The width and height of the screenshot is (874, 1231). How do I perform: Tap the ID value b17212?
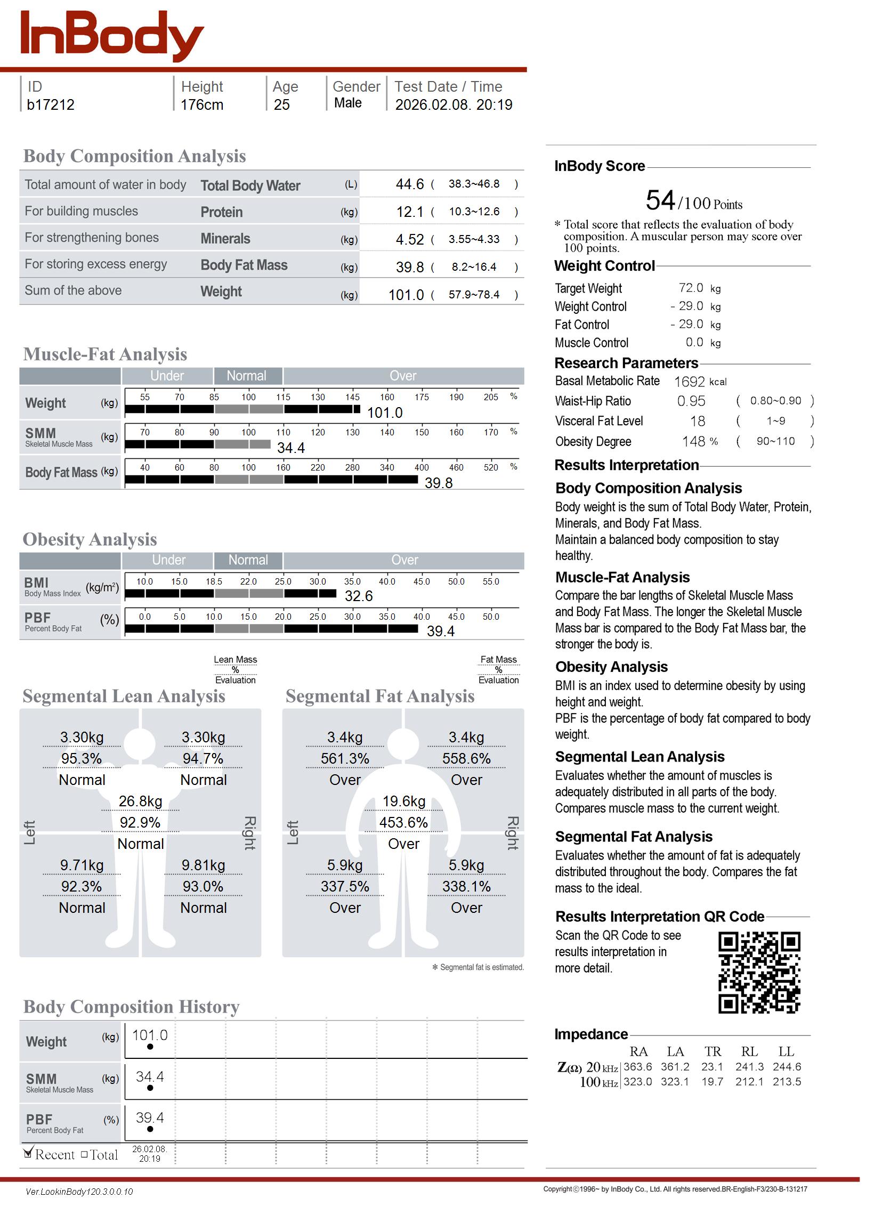(51, 105)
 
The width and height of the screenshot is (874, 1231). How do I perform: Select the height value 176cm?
(202, 105)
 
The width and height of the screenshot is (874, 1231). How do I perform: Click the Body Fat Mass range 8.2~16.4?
(474, 267)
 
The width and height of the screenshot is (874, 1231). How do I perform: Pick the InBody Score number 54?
(660, 201)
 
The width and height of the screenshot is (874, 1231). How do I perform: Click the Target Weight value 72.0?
(691, 288)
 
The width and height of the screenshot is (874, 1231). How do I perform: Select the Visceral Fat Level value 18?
(698, 422)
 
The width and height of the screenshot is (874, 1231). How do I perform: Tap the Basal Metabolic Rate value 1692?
(690, 382)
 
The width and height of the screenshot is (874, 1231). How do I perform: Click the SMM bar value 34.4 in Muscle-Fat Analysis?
(291, 448)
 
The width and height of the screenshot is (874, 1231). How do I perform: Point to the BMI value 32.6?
(359, 596)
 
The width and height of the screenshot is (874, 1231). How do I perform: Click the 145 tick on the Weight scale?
(352, 397)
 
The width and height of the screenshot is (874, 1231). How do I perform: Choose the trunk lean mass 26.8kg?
(141, 801)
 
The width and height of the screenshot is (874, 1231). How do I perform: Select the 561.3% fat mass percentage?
(345, 759)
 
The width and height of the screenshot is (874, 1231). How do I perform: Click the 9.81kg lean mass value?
(204, 865)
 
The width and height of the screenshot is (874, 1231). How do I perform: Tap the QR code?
(759, 973)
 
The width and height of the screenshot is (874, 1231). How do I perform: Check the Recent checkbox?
(29, 1153)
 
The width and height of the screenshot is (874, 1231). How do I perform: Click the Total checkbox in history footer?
(85, 1154)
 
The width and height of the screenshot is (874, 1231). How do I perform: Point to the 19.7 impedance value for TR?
(712, 1082)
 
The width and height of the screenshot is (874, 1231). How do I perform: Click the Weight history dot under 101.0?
(150, 1047)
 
